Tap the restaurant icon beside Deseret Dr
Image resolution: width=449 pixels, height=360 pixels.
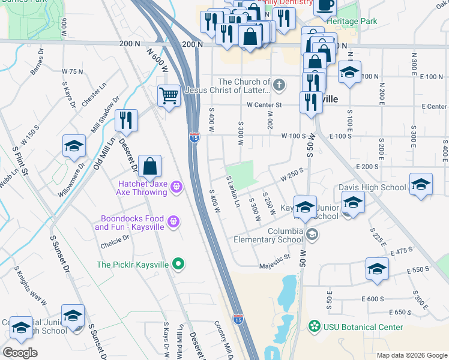[x=126, y=120]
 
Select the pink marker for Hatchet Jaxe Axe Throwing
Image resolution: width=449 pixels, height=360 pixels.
[x=176, y=187]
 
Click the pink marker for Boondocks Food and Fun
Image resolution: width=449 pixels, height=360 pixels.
[x=173, y=222]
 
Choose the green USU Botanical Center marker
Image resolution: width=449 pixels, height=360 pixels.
[x=313, y=327]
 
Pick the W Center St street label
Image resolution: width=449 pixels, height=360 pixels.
[x=264, y=106]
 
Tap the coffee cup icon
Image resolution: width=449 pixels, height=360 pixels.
[x=325, y=5]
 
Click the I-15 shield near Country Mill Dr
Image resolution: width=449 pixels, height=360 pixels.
[x=238, y=320]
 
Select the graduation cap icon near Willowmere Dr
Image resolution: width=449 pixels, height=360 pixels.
[x=74, y=146]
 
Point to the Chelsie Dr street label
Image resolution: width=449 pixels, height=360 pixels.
[x=115, y=241]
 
